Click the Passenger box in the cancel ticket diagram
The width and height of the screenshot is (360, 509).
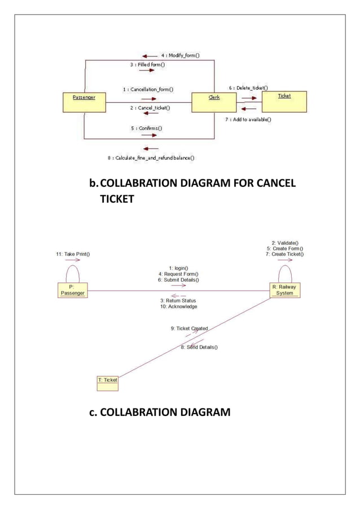click(84, 102)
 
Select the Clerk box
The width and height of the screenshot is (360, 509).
click(214, 102)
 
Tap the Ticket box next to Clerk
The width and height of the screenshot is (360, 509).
click(284, 100)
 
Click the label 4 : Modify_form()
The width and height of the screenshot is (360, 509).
click(180, 56)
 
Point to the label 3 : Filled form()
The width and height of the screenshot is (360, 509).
click(147, 65)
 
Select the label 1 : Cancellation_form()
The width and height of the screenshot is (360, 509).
click(148, 89)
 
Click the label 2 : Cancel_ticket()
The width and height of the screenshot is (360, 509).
click(150, 107)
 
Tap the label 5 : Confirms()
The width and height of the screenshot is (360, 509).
click(147, 128)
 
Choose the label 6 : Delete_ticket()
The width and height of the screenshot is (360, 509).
click(248, 88)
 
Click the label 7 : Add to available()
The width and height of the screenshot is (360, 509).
click(249, 119)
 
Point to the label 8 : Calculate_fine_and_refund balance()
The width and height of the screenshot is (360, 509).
click(151, 158)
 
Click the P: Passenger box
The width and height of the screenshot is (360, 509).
click(72, 290)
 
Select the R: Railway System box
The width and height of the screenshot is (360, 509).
click(284, 290)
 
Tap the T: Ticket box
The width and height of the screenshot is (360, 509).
click(108, 380)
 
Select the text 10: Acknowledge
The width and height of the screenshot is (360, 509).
click(179, 306)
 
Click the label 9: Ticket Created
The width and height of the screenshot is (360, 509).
click(190, 328)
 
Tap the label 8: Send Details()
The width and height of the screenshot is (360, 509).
click(199, 347)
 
